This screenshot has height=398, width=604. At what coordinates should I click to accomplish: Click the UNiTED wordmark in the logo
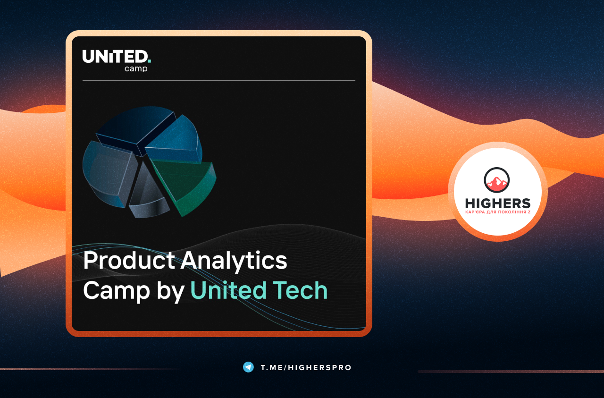pos(115,57)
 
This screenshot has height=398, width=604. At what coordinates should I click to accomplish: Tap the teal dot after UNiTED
pos(150,61)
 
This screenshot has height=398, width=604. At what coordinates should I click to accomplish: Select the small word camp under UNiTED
pos(136,69)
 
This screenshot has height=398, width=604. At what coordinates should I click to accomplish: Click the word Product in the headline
pos(129,261)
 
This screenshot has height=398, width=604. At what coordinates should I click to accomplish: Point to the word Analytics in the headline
pos(234,262)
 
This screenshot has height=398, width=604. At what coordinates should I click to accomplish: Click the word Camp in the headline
pos(116,291)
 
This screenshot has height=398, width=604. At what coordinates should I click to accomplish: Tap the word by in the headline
pos(171,291)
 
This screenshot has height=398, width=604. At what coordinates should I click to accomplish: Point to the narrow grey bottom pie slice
pos(148,194)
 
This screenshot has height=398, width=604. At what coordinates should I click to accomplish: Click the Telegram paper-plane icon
pos(248,367)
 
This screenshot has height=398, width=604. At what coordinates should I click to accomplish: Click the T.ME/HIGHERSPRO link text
pos(306,367)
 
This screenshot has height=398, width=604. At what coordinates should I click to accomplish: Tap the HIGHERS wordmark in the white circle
pos(498,203)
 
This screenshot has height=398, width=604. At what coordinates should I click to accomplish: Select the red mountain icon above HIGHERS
pos(497,180)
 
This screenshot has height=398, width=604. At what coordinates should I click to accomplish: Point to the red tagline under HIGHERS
pos(498,212)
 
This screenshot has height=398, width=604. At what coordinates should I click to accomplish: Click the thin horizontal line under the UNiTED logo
pos(218,80)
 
